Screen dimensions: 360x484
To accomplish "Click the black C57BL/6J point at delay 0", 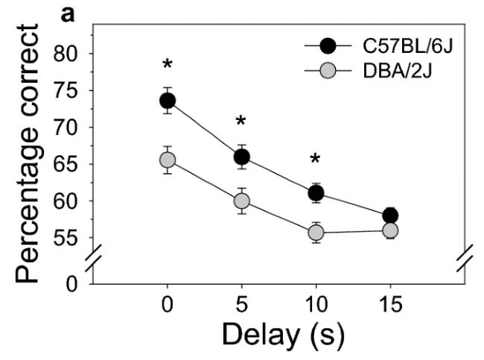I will pos(168,100).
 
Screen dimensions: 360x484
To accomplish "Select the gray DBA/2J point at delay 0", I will pos(168,160).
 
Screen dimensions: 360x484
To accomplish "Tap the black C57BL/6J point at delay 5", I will pos(241,157).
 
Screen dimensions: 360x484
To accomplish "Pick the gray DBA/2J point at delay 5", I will pos(241,200).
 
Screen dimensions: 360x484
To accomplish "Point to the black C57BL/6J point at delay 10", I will pos(316,193).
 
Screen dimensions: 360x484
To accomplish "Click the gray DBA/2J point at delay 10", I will pos(316,233).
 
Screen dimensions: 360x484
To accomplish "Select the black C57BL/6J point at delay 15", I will pos(389,215).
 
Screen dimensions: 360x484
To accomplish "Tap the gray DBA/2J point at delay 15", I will pos(389,230).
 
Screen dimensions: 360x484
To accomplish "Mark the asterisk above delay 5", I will pos(241,123).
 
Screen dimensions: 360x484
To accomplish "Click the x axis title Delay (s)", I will pos(282,335).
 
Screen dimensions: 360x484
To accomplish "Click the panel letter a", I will pos(68,13).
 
